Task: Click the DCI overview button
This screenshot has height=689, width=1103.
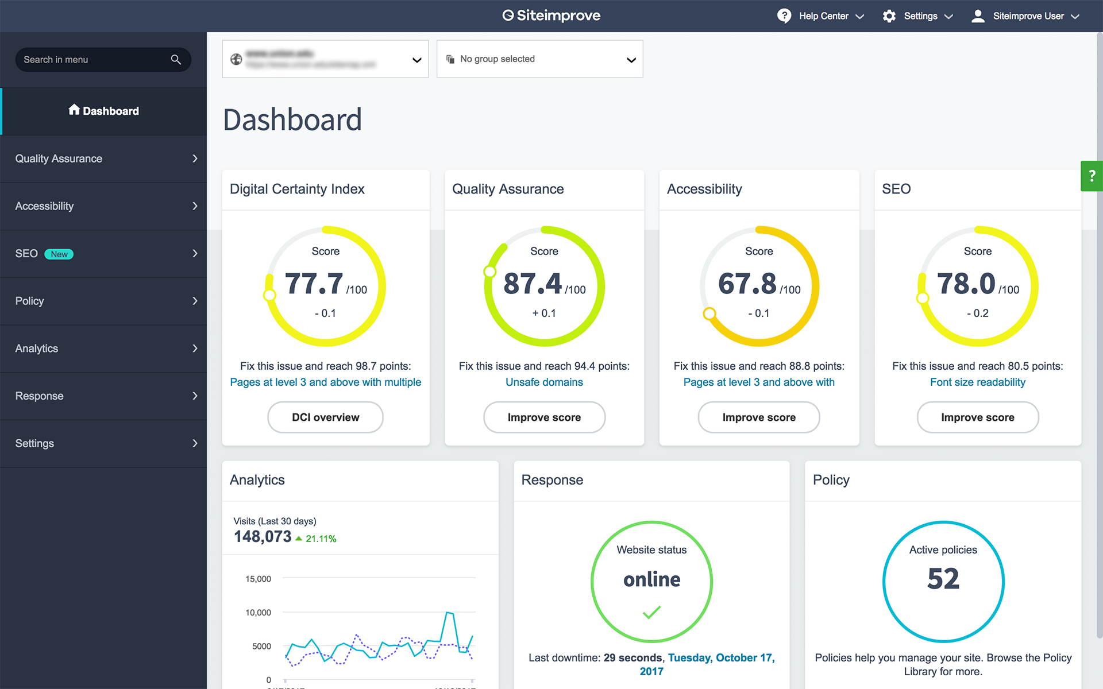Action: coord(325,417)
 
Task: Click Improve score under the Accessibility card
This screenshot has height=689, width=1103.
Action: coord(758,417)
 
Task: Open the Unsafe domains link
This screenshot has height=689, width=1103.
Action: coord(544,382)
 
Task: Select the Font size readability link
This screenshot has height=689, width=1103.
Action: coord(977,382)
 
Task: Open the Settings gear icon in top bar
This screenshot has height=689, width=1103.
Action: coord(889,16)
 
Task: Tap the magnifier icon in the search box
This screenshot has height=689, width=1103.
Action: coord(176,60)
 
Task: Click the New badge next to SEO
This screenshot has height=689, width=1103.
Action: coord(59,254)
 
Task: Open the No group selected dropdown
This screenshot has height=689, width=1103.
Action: coord(539,59)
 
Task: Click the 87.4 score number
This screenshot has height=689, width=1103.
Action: coord(532,284)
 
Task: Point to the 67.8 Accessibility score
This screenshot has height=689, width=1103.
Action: coord(747,284)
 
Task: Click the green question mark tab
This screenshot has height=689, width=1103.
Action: coord(1092,176)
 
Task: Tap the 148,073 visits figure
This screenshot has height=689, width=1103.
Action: coord(263,537)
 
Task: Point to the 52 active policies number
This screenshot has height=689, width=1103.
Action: coord(943,579)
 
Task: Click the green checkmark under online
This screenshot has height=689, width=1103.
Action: coord(651,612)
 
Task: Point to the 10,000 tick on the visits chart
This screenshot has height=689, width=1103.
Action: coord(258,613)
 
